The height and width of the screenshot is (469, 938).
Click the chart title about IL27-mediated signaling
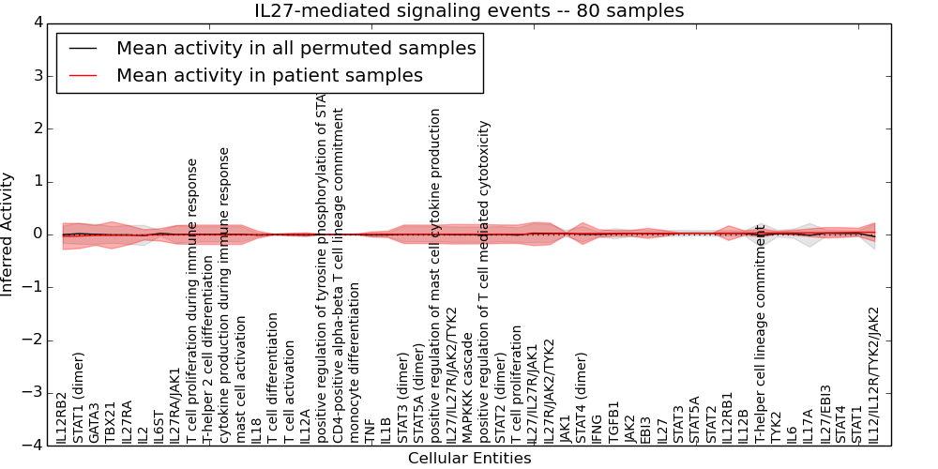coord(469,10)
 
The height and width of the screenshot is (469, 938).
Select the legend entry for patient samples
coord(269,75)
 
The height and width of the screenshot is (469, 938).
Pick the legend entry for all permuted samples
coord(295,48)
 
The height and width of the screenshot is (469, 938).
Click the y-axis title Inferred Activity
coord(8,234)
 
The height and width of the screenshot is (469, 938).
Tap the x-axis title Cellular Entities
coord(469,459)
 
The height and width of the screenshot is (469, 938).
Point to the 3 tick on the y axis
coord(38,76)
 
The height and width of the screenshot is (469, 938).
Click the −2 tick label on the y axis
coord(33,340)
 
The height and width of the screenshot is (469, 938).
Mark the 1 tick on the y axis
coord(38,182)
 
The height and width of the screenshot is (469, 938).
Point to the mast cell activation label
coord(242,379)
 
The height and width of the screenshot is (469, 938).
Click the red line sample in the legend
coord(83,75)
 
